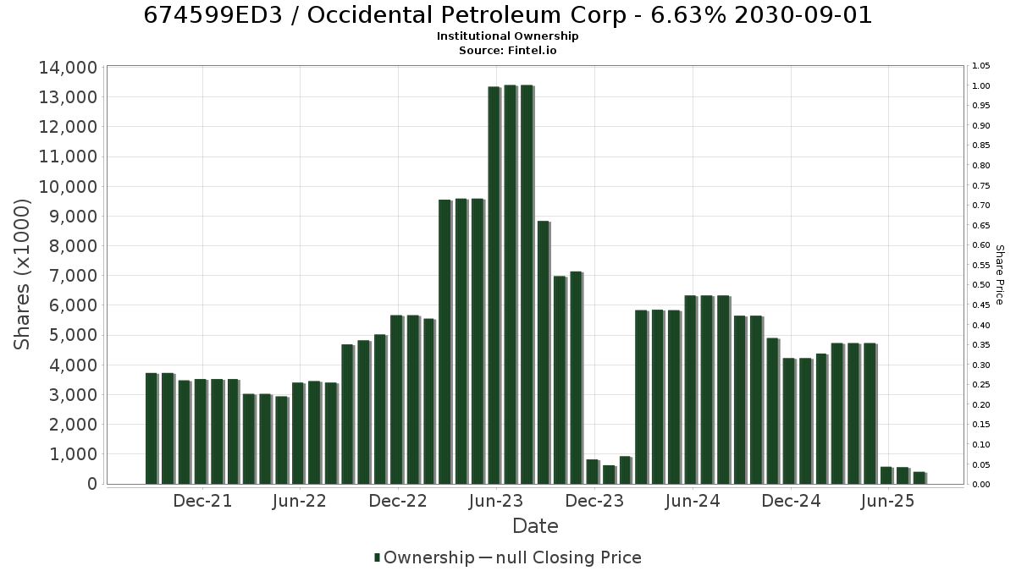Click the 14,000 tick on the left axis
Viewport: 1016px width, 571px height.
click(x=68, y=68)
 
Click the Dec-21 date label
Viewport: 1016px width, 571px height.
click(x=202, y=501)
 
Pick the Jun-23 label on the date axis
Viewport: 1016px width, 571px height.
click(x=496, y=501)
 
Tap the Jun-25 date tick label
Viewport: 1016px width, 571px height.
click(x=887, y=501)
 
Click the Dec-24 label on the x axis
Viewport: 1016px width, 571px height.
click(x=791, y=501)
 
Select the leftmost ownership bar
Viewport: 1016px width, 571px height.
click(x=152, y=429)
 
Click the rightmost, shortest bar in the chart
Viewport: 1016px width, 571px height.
click(x=919, y=478)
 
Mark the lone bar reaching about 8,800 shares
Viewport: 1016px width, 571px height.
click(x=544, y=353)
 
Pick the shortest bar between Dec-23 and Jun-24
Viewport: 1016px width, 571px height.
click(x=609, y=475)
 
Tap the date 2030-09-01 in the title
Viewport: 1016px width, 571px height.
click(x=803, y=15)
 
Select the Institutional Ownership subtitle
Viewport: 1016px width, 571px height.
click(x=507, y=36)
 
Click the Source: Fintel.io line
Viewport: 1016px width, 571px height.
click(x=507, y=50)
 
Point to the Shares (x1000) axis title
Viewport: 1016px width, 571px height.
click(x=21, y=275)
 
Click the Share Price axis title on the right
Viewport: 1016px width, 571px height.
click(x=1000, y=275)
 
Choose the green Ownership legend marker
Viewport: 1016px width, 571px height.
click(x=377, y=557)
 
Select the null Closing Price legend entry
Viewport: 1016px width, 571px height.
click(x=560, y=557)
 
